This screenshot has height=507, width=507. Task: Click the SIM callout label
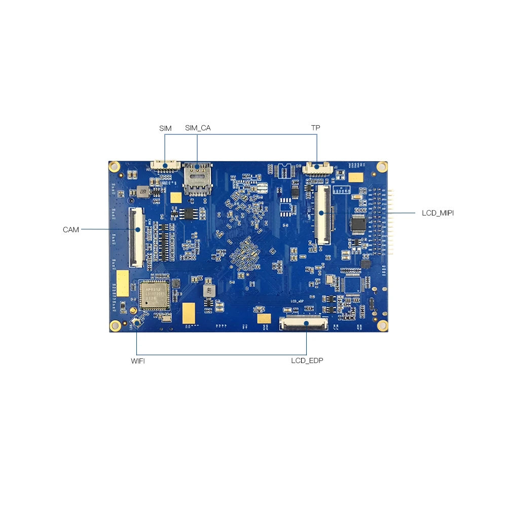(165, 128)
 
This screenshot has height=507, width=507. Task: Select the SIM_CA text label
(198, 128)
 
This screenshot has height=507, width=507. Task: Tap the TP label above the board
(315, 128)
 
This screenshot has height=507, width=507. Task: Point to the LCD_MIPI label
(438, 213)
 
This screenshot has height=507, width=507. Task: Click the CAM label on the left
(71, 230)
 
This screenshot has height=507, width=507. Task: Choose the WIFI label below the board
(138, 361)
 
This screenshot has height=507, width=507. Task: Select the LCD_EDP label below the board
(307, 361)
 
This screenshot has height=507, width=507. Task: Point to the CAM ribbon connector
(136, 237)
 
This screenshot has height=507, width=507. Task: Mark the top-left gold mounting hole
(115, 166)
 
